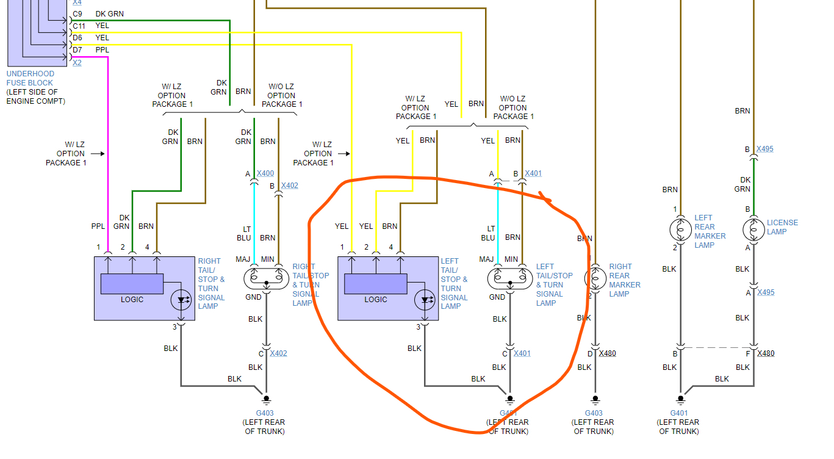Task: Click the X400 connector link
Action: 265,173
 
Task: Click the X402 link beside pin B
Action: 290,186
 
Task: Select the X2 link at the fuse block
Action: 77,62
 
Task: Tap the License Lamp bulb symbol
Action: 754,229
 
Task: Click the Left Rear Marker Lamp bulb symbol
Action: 681,229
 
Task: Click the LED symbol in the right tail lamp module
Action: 181,300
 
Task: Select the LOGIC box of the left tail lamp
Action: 375,284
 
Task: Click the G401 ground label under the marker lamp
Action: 679,413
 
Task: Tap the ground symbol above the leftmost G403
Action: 266,400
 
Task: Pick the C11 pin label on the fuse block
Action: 79,26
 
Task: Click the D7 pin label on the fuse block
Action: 77,49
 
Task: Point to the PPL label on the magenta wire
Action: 98,226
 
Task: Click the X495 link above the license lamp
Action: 764,149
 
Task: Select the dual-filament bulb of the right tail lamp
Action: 266,278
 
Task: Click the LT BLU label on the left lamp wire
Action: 488,233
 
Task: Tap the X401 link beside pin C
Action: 522,353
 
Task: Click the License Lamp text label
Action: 782,227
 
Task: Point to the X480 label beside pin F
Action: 766,353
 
